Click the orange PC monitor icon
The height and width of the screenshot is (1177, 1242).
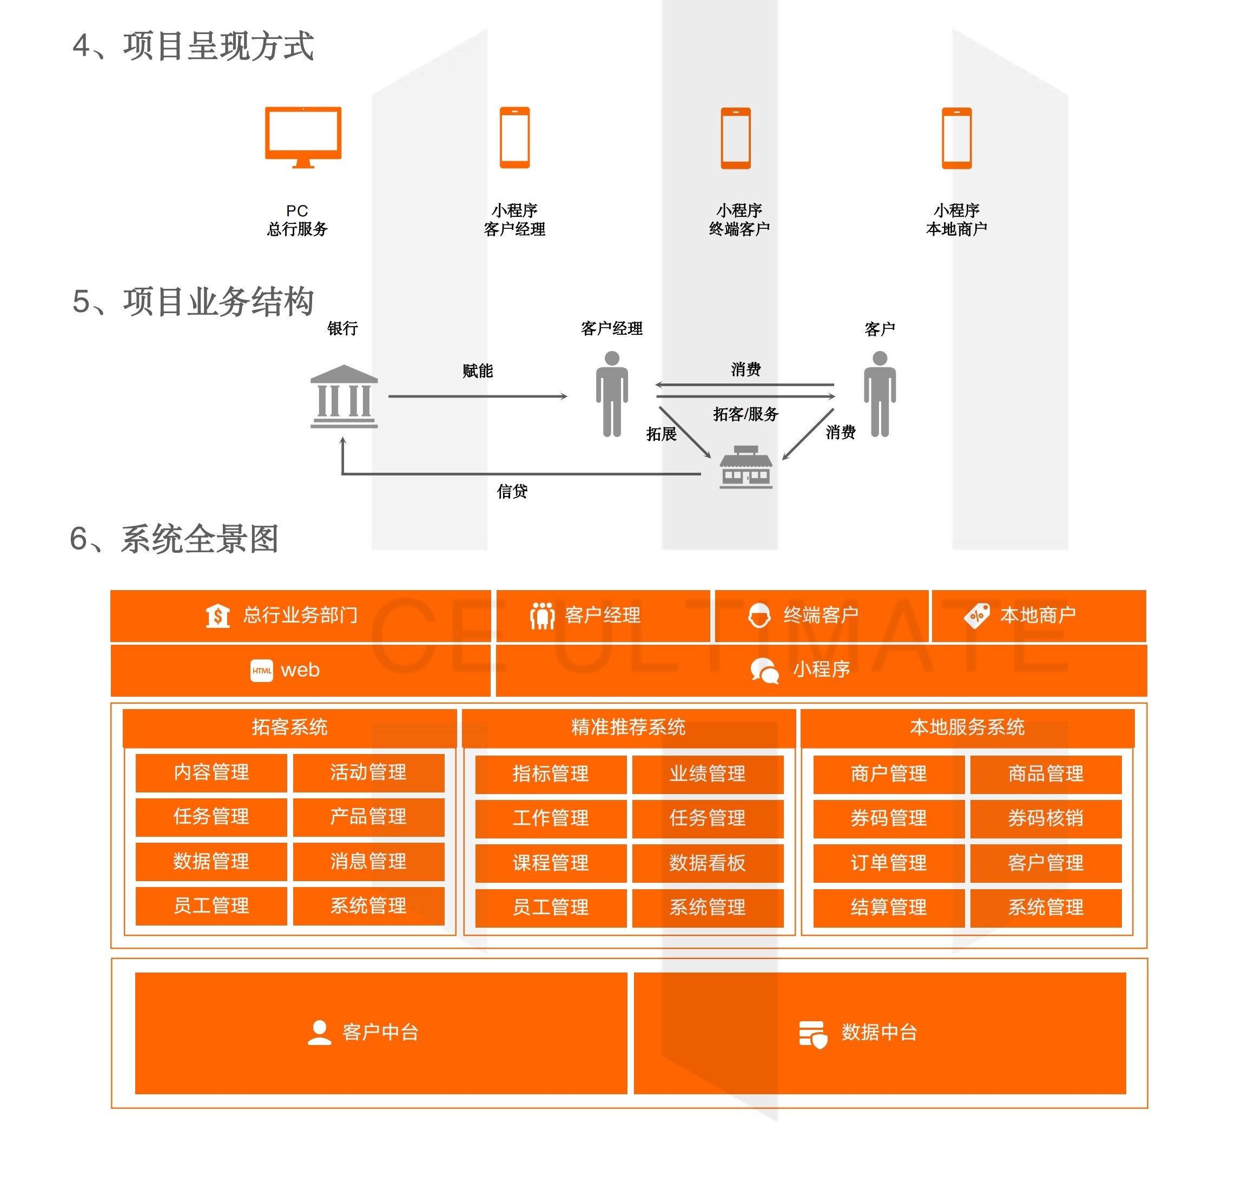tap(303, 137)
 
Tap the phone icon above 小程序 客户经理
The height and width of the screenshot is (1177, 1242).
tap(514, 138)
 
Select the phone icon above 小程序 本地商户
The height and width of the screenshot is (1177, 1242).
tap(956, 138)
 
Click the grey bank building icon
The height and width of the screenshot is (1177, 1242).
tap(344, 396)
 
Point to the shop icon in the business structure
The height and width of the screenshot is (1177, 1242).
tap(745, 467)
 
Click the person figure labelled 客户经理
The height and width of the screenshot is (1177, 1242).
tap(612, 393)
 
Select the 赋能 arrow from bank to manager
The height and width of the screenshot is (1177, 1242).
tap(477, 396)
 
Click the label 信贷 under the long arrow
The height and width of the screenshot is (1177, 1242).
tap(512, 491)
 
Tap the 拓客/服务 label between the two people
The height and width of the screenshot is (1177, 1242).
tap(745, 414)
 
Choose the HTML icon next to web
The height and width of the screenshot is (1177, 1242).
tap(262, 670)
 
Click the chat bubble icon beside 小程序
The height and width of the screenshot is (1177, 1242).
tap(764, 670)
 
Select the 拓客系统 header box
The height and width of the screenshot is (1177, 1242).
tap(289, 727)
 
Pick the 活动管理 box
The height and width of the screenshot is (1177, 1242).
tap(368, 772)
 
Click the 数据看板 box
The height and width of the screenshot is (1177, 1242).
tap(708, 863)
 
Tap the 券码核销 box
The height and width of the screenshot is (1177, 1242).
tap(1046, 818)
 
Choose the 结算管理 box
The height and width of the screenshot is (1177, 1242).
tap(889, 907)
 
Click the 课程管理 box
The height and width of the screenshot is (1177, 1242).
tap(550, 863)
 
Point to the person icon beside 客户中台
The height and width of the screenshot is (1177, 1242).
tap(320, 1032)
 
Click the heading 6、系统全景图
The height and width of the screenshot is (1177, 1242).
tap(175, 539)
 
